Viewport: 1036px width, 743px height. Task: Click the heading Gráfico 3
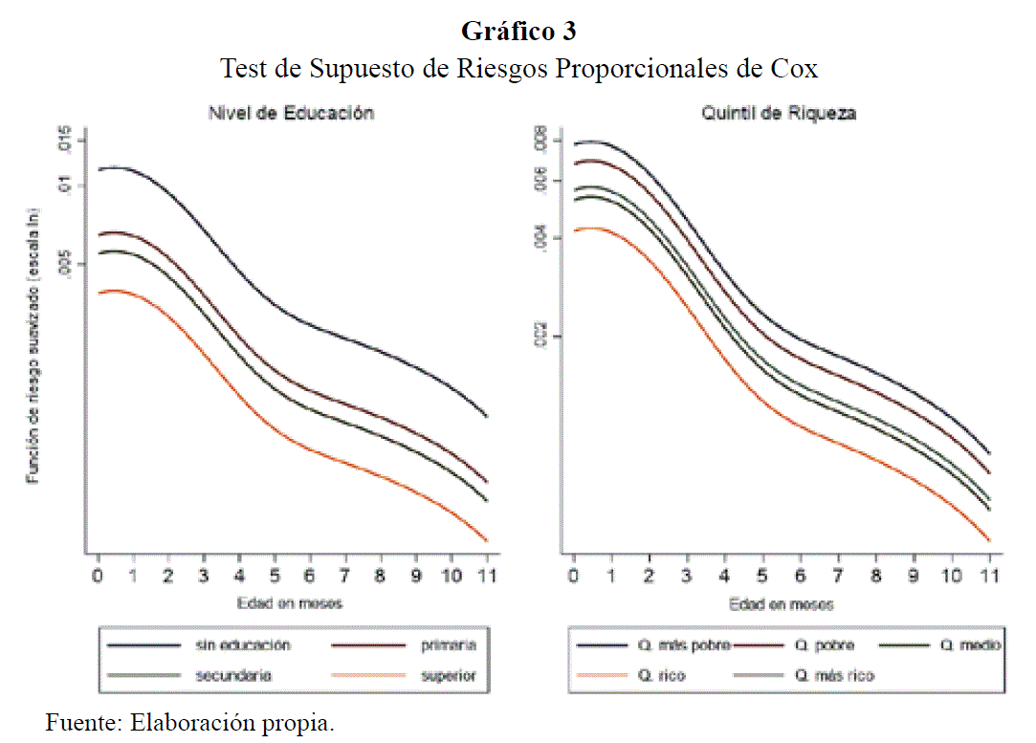click(518, 32)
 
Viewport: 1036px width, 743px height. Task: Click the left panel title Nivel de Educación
click(291, 113)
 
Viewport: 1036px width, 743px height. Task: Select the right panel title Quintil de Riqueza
click(778, 113)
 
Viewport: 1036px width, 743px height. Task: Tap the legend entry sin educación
click(242, 645)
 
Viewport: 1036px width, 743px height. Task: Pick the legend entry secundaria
click(233, 675)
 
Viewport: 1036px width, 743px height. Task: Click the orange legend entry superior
click(448, 675)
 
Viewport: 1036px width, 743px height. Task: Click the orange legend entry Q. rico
click(661, 675)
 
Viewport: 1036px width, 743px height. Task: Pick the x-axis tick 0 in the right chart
click(573, 575)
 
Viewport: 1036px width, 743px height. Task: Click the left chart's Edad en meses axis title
click(291, 603)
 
